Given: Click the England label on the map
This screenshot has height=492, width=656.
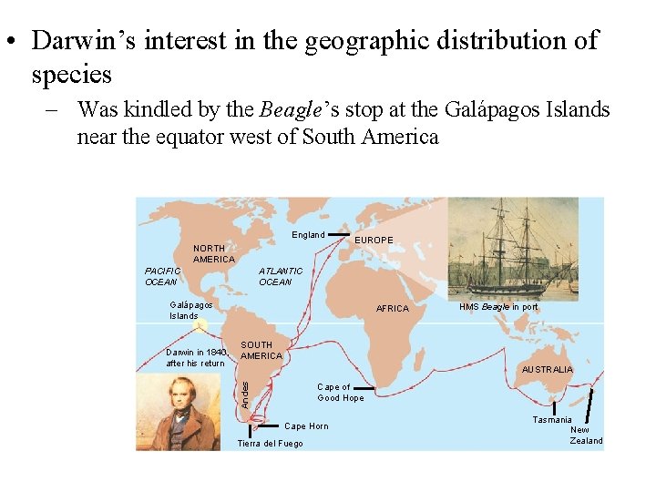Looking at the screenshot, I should [x=308, y=235].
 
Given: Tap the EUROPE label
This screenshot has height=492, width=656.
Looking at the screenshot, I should [x=374, y=241].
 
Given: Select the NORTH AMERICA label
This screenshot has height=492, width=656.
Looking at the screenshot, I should [x=214, y=253].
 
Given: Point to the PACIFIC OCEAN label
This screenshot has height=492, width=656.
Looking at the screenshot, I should [x=163, y=276].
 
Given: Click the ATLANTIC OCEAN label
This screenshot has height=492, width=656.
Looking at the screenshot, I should [x=280, y=276].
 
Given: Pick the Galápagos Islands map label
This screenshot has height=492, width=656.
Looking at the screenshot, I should [x=191, y=311].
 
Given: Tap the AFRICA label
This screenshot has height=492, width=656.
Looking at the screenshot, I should [x=393, y=309].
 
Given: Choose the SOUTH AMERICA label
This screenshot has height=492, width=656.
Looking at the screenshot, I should [x=261, y=351].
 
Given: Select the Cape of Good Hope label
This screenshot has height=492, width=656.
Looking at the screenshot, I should [x=340, y=393].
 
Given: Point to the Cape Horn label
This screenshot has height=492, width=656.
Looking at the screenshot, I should [x=306, y=426].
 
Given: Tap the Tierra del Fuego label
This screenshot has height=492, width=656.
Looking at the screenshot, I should [x=270, y=444].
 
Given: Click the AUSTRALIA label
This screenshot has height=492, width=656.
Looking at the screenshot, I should [x=547, y=370].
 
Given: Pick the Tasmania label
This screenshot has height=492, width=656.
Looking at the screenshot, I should [x=552, y=420].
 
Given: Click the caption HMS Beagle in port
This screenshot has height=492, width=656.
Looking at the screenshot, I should [x=498, y=308].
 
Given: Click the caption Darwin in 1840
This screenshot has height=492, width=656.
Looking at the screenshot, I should [x=195, y=357].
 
